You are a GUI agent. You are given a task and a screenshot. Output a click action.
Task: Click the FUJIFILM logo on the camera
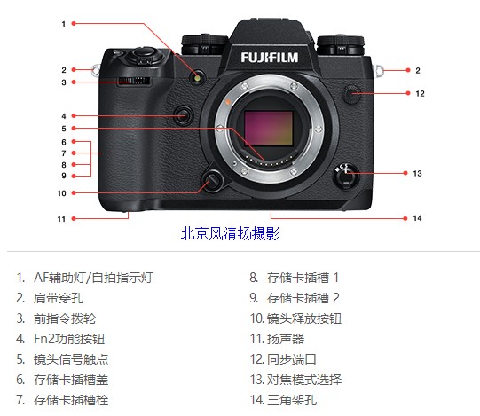coord(269,58)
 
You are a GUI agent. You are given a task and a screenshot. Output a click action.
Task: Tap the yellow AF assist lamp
coord(197,78)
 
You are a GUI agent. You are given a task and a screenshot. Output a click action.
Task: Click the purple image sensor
coord(269,129)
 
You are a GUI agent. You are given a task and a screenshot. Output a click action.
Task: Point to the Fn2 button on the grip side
coord(184,115)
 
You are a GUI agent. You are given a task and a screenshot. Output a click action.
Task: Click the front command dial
coord(133,81)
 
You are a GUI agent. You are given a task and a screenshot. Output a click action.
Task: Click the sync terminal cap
coord(351,93)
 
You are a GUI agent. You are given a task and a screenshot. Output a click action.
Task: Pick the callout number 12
coord(420,94)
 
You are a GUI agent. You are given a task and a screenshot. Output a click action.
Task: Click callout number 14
coord(417,218)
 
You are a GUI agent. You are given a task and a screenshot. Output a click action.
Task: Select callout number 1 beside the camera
coord(64,24)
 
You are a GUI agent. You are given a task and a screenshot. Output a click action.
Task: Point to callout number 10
coord(61,193)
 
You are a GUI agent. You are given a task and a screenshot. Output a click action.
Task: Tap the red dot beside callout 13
coord(405,173)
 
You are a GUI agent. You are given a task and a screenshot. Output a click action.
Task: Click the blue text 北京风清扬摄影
coord(231,233)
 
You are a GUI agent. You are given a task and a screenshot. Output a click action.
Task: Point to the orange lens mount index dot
coord(228,102)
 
